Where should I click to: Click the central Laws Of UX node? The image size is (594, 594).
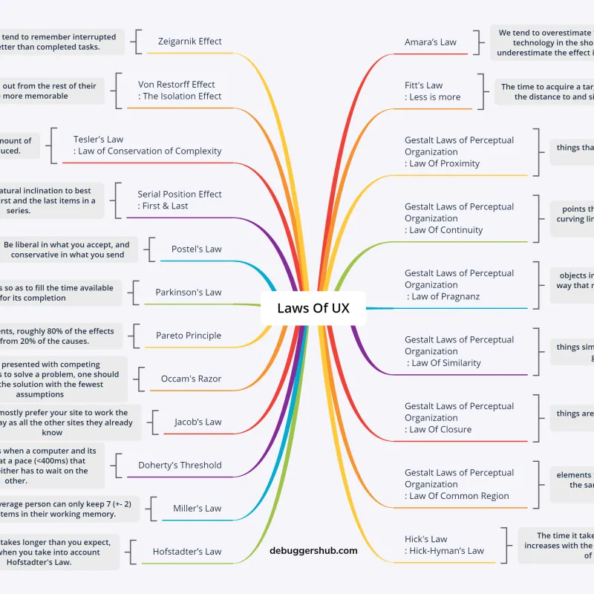click(313, 308)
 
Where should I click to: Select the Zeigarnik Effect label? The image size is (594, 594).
click(189, 42)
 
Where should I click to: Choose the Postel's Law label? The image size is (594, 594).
click(196, 249)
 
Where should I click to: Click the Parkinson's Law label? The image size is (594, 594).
click(188, 293)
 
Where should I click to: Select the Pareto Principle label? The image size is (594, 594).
click(188, 336)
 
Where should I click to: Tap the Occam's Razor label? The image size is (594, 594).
click(191, 379)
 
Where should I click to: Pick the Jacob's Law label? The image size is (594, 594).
click(198, 422)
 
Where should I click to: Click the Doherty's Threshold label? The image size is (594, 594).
click(180, 466)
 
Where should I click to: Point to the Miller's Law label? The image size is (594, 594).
click(197, 509)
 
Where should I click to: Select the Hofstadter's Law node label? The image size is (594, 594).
click(186, 552)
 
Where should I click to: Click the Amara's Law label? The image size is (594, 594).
click(431, 42)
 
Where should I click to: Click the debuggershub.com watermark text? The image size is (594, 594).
click(313, 551)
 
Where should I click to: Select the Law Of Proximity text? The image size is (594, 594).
click(444, 164)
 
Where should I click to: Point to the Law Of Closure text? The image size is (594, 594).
click(440, 430)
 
